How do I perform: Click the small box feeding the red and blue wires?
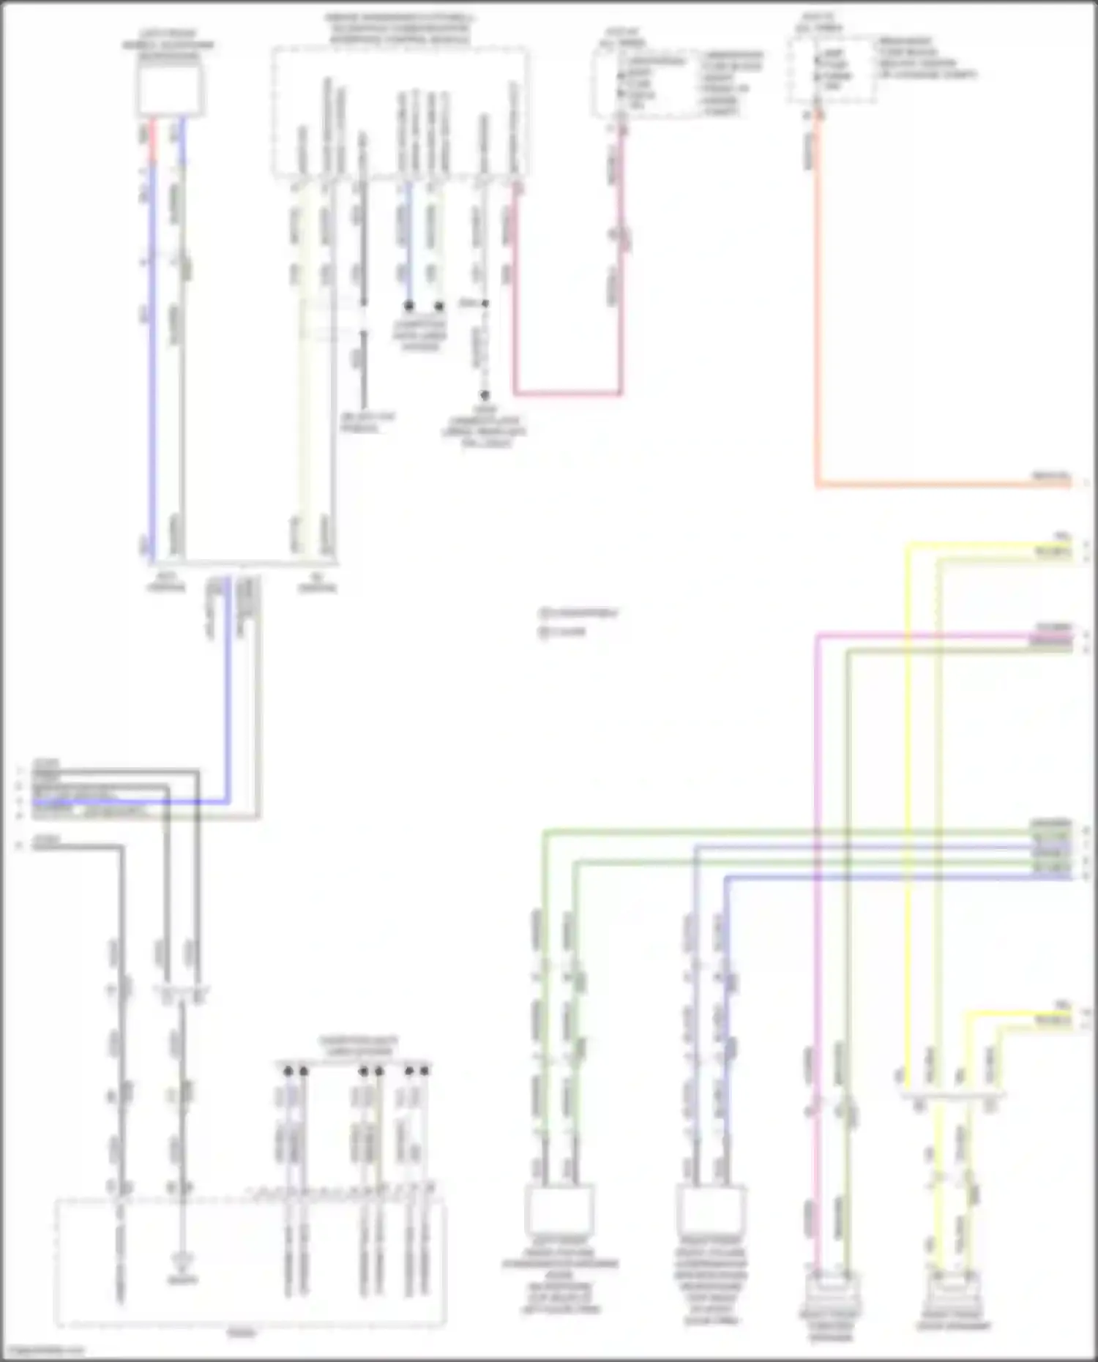tap(170, 91)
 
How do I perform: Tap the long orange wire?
tap(818, 307)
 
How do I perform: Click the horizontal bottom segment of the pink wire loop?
tap(567, 394)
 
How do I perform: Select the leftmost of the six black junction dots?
tap(288, 1071)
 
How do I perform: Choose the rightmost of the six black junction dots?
tap(425, 1071)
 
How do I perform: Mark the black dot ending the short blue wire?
tap(409, 306)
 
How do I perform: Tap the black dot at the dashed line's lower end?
tap(484, 394)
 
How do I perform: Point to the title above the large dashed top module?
tap(400, 29)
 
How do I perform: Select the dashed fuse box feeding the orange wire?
tap(832, 70)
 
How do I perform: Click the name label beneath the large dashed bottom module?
tap(242, 1333)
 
